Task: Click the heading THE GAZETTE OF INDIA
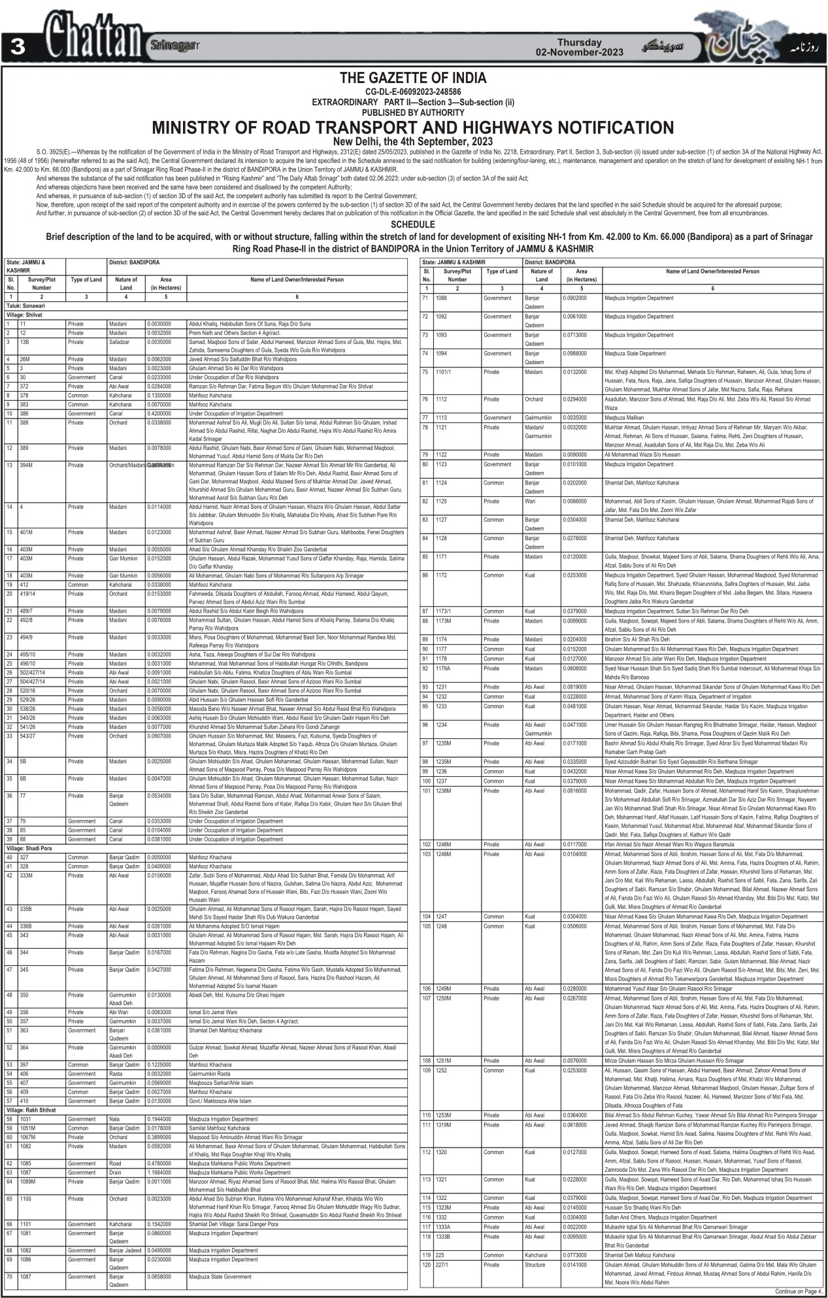413,78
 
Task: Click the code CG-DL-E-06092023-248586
413,92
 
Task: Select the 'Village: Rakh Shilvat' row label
32,1110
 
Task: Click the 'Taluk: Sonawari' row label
25,305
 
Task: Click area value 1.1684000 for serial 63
159,1172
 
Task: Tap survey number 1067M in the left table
30,1137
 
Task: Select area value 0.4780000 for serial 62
159,1163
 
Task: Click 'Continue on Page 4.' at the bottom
799,1291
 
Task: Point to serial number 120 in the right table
427,1265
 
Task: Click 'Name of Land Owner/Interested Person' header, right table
712,271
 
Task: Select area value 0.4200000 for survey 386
159,414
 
